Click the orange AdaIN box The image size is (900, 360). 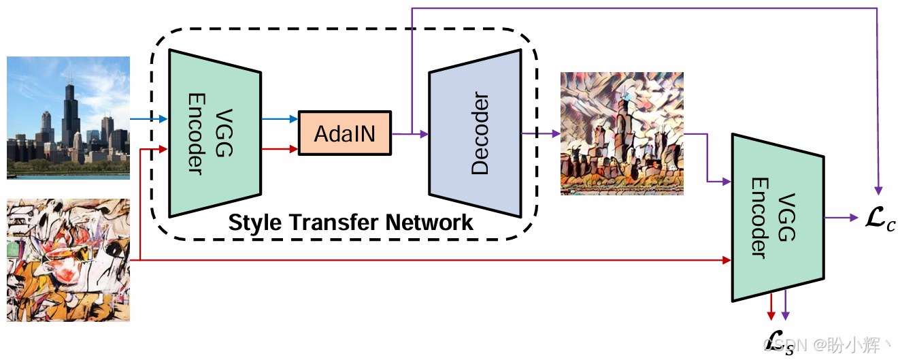click(x=345, y=133)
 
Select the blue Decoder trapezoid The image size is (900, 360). click(x=475, y=133)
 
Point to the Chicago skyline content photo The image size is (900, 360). click(x=68, y=118)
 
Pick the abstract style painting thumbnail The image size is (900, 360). click(x=68, y=260)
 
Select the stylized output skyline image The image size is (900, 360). click(x=622, y=133)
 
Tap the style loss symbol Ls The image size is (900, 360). click(x=778, y=340)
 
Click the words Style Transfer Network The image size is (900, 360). click(x=350, y=223)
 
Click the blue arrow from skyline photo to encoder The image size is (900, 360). click(x=149, y=119)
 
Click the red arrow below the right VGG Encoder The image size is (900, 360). click(x=771, y=307)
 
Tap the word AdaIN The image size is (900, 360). click(x=345, y=133)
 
